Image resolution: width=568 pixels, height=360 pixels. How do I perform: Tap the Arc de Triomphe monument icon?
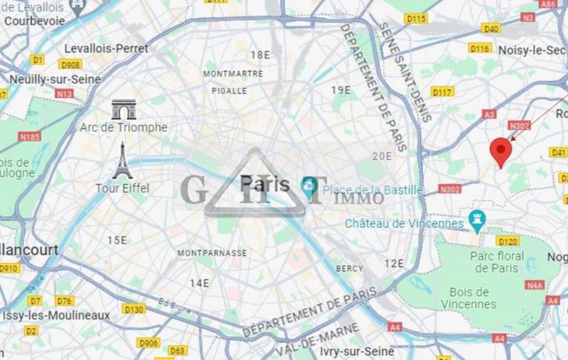[124, 109]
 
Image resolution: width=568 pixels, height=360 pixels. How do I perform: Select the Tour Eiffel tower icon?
[122, 161]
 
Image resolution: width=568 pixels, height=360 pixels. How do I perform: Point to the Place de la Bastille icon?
[309, 187]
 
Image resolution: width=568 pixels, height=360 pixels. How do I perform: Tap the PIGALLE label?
[229, 91]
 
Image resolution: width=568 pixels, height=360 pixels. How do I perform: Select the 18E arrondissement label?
[261, 55]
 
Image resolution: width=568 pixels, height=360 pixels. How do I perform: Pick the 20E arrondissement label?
[382, 156]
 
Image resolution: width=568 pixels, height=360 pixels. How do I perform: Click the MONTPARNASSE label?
[212, 253]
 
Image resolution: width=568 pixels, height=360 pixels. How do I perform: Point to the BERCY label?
[349, 268]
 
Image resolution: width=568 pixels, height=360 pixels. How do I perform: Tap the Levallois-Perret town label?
[106, 48]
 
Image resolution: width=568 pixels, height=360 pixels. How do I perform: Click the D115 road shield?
[416, 18]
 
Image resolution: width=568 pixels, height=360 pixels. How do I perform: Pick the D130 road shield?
[133, 309]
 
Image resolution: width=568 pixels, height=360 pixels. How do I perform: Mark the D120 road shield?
[508, 241]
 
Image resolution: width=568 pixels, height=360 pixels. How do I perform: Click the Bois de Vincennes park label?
[469, 298]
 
